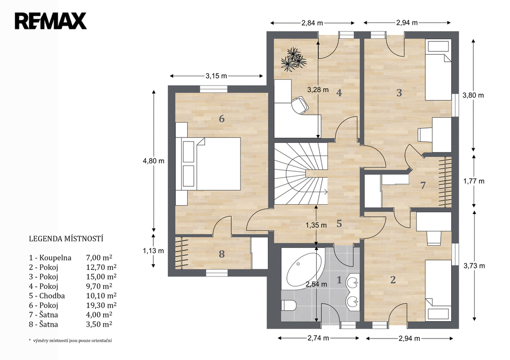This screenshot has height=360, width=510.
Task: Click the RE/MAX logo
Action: coord(50,21)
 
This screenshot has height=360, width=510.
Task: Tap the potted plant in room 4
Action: coord(294,59)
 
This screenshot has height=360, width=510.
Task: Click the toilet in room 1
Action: coord(288,305)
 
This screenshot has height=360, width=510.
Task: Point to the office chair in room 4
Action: coord(299,106)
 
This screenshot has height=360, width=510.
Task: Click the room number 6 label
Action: coord(222,119)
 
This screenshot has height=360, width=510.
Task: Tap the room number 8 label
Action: coord(222,253)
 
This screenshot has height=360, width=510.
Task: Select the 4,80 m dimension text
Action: coord(153,161)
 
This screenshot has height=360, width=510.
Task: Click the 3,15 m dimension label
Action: coord(216,76)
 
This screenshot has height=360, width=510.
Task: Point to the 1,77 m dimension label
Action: coord(474,181)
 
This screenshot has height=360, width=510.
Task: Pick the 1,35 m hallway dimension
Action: coord(316,225)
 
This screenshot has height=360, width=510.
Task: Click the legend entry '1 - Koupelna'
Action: coord(50,258)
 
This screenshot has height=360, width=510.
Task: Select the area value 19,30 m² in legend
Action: coord(101,305)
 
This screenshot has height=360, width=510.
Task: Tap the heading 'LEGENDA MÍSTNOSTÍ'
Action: coord(66,239)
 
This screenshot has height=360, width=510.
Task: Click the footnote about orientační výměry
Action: coord(70,341)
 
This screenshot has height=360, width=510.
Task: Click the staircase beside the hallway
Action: coord(300,174)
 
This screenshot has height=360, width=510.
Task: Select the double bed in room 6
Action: coord(209,164)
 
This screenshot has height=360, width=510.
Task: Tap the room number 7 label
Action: coord(423,185)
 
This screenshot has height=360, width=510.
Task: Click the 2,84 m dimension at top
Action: coord(312,23)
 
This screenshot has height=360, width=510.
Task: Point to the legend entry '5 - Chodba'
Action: coord(47,296)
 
